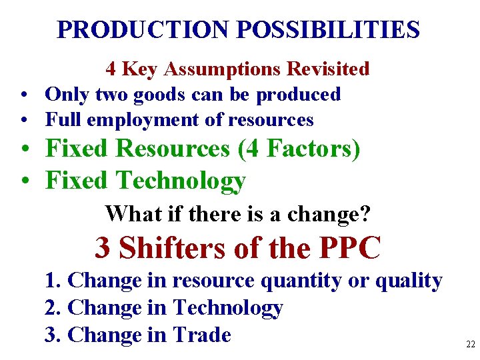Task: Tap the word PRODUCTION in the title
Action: pyautogui.click(x=143, y=29)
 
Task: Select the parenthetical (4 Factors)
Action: pyautogui.click(x=299, y=149)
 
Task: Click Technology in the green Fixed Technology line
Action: pyautogui.click(x=181, y=180)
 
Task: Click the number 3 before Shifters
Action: pyautogui.click(x=103, y=248)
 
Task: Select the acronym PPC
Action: pyautogui.click(x=350, y=248)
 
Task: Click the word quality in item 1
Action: pyautogui.click(x=409, y=281)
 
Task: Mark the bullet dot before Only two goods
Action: pyautogui.click(x=23, y=95)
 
